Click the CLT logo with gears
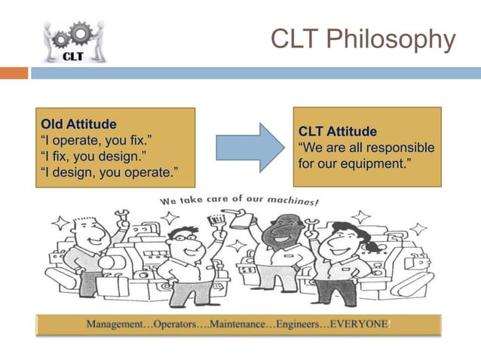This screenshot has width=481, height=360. [x=72, y=41]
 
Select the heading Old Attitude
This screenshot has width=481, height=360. [x=78, y=124]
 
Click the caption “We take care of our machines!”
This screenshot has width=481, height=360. [x=239, y=201]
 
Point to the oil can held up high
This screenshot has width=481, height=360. [x=240, y=221]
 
